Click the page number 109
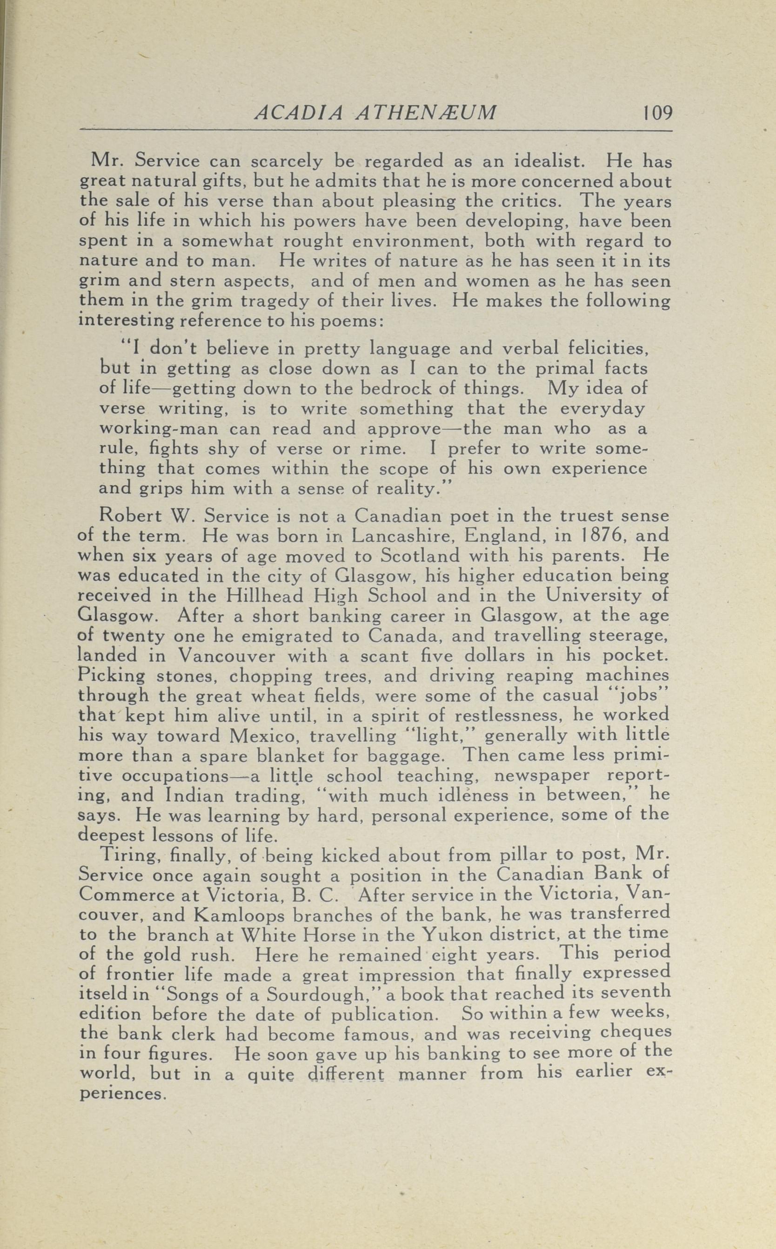[x=656, y=113]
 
